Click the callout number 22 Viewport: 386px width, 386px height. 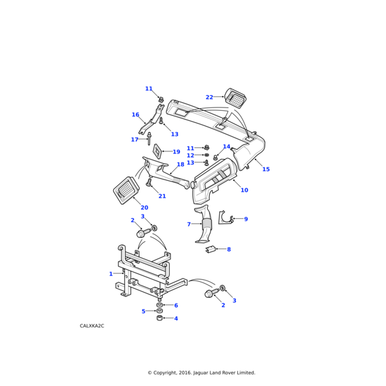pyautogui.click(x=209, y=97)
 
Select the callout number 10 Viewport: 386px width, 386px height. pyautogui.click(x=244, y=190)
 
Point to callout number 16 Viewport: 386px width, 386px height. pyautogui.click(x=135, y=115)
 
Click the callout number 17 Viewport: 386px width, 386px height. pyautogui.click(x=134, y=140)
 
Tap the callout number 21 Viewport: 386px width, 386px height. pyautogui.click(x=162, y=196)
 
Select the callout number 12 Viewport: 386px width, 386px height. pyautogui.click(x=190, y=155)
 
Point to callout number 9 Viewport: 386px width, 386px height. pyautogui.click(x=245, y=219)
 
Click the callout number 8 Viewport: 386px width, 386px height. pyautogui.click(x=228, y=249)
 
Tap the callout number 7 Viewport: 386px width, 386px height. pyautogui.click(x=189, y=225)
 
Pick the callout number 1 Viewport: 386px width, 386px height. pyautogui.click(x=111, y=273)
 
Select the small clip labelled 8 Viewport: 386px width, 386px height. pyautogui.click(x=209, y=248)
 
